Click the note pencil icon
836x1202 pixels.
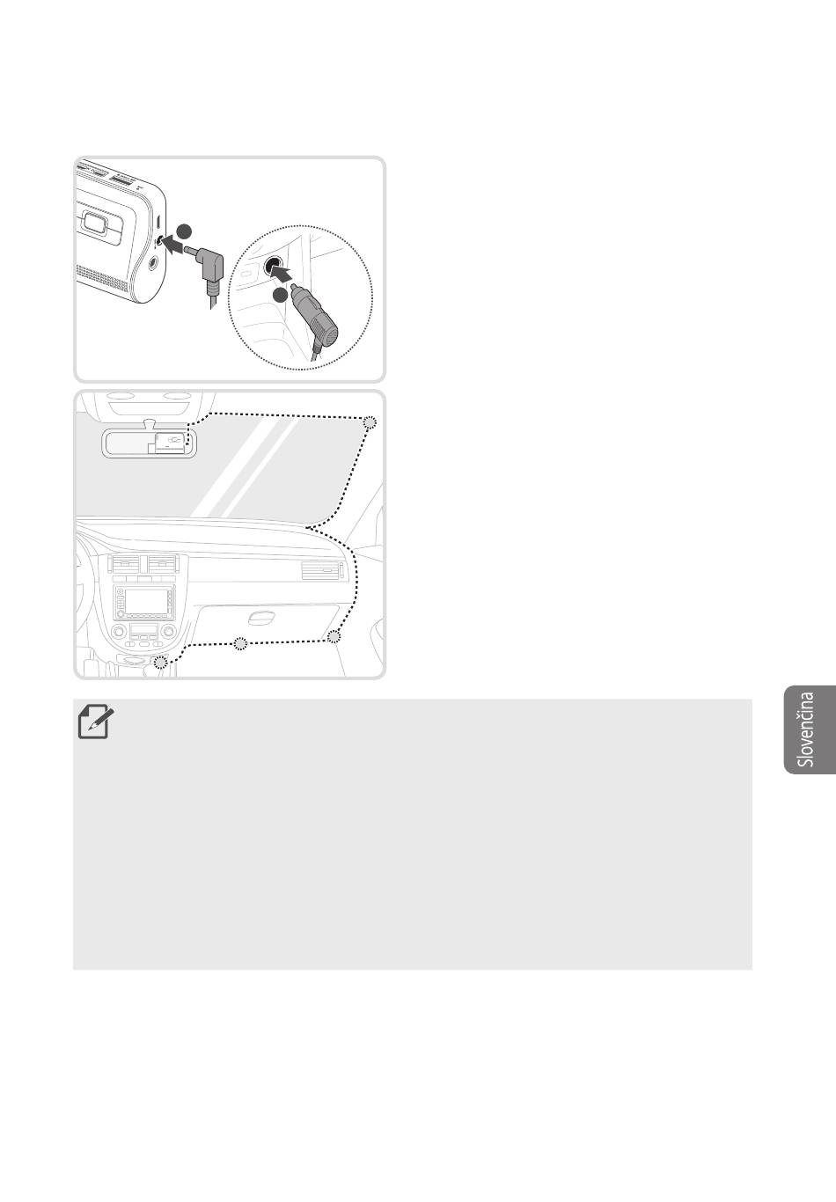click(x=96, y=722)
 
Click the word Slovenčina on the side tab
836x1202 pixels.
click(x=806, y=729)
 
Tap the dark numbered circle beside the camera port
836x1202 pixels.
click(x=184, y=231)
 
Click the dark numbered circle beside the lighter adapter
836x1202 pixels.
click(x=280, y=296)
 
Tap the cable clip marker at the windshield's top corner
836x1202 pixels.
click(x=370, y=422)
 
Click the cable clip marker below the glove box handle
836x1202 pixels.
click(x=240, y=643)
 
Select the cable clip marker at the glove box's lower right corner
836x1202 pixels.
click(x=334, y=636)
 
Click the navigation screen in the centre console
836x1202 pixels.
click(x=143, y=603)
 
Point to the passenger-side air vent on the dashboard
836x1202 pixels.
click(x=320, y=570)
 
